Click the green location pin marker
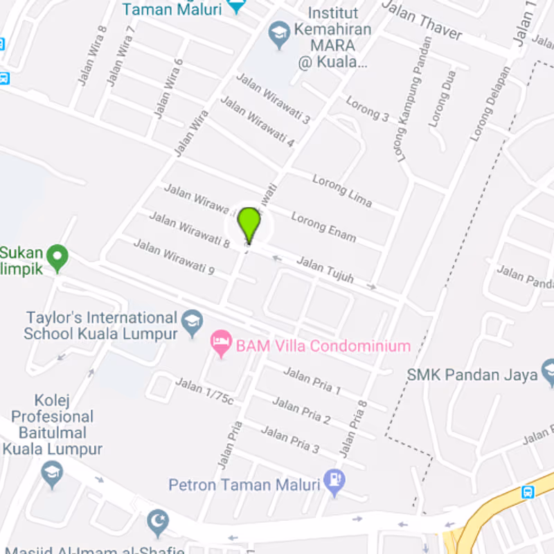(x=249, y=224)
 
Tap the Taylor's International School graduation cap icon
(x=192, y=321)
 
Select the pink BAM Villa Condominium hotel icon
(x=221, y=342)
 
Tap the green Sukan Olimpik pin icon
(x=57, y=258)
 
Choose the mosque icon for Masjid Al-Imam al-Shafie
(x=159, y=522)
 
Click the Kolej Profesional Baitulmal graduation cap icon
(x=52, y=474)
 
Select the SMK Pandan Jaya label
(x=472, y=375)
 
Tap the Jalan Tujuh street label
(x=325, y=270)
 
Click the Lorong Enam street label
(x=323, y=227)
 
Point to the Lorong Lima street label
(x=342, y=190)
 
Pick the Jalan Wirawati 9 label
(x=173, y=257)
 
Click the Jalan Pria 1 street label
(x=312, y=381)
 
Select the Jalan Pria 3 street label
(x=289, y=440)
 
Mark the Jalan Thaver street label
(x=422, y=20)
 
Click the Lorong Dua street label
(x=441, y=98)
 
